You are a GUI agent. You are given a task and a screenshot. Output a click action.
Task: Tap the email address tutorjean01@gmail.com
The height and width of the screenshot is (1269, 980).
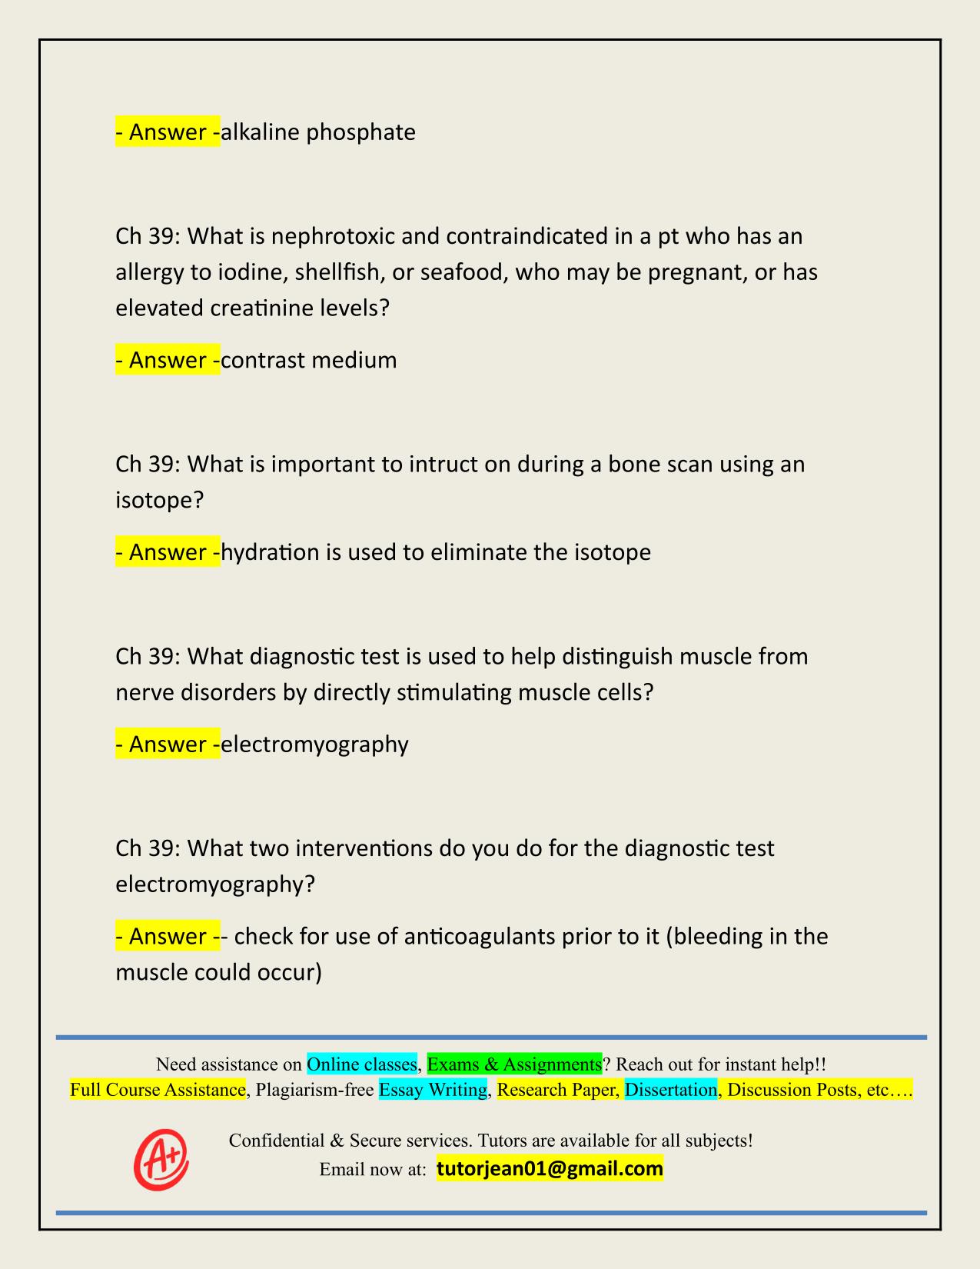(550, 1169)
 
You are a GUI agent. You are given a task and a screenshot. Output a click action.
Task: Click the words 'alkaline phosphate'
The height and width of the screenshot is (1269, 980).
(318, 132)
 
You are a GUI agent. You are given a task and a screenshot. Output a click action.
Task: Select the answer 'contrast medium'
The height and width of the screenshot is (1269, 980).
(309, 360)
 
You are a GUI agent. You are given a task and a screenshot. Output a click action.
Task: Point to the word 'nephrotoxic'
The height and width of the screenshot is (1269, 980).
(333, 235)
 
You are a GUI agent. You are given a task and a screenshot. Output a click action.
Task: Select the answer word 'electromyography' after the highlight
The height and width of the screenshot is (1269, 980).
(314, 744)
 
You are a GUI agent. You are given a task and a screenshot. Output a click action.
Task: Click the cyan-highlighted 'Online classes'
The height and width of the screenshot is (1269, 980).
(362, 1064)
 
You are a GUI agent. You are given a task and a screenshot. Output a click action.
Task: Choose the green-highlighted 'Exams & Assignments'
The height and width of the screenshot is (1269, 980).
(514, 1064)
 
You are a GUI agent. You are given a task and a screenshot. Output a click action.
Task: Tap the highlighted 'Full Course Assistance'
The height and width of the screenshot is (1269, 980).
(158, 1090)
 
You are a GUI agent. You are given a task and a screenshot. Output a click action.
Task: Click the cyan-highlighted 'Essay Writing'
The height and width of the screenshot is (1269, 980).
(434, 1090)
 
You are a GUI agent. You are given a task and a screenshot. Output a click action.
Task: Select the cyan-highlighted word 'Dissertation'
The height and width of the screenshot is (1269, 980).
(671, 1090)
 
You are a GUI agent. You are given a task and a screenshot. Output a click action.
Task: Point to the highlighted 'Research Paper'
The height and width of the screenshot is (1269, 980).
(558, 1090)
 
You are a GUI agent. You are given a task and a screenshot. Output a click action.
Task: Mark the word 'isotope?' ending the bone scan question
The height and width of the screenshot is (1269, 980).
(160, 501)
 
